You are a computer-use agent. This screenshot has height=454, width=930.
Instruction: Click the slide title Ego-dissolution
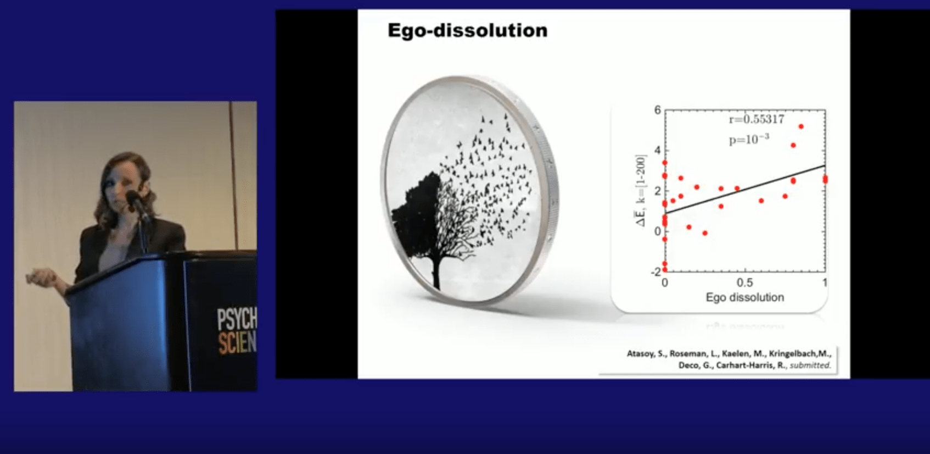pyautogui.click(x=467, y=30)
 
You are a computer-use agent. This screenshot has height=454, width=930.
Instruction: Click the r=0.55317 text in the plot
pyautogui.click(x=756, y=119)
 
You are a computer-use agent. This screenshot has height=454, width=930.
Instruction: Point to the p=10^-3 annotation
pyautogui.click(x=749, y=140)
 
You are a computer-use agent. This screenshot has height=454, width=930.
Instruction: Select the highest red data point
pyautogui.click(x=801, y=126)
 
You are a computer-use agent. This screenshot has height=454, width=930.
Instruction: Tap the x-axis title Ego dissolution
pyautogui.click(x=744, y=297)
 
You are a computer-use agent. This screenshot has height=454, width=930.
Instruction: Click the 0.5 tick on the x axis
pyautogui.click(x=744, y=283)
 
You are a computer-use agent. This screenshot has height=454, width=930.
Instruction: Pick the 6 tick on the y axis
pyautogui.click(x=658, y=110)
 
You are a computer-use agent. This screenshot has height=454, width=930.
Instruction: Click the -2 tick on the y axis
pyautogui.click(x=656, y=272)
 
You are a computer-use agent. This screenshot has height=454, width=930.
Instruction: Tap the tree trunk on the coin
pyautogui.click(x=436, y=269)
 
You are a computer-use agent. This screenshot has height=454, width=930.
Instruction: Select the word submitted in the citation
pyautogui.click(x=810, y=365)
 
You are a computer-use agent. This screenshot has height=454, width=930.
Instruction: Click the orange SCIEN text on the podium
pyautogui.click(x=237, y=342)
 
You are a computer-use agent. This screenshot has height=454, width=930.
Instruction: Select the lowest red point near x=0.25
pyautogui.click(x=705, y=233)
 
